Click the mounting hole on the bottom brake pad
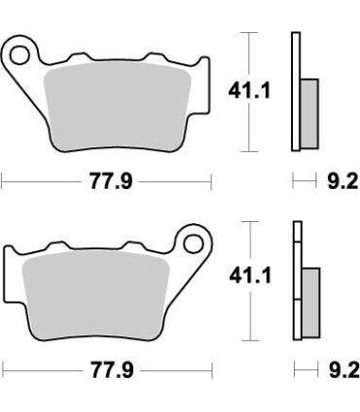(192, 243)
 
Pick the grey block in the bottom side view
(310, 298)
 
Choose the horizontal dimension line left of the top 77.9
(39, 181)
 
